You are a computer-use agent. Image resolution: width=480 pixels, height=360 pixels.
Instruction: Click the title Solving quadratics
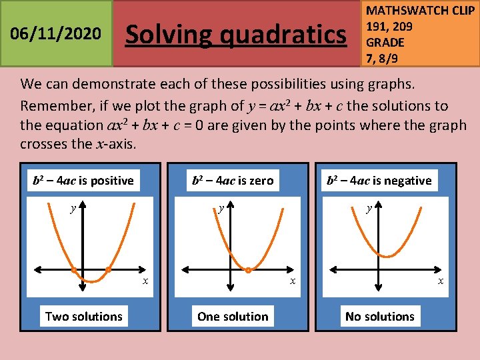point(236,34)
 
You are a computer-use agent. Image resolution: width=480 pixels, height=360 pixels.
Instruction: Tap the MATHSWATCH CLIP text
point(421,11)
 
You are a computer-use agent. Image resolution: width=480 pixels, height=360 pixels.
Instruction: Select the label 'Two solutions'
point(84,317)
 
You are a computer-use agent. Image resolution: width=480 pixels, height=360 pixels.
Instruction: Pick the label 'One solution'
point(233,317)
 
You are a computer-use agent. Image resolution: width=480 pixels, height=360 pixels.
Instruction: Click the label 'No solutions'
point(380,317)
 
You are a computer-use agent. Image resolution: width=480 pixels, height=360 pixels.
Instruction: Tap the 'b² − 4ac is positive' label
point(83,181)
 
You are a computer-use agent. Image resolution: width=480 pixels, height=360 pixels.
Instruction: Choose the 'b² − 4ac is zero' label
point(232,181)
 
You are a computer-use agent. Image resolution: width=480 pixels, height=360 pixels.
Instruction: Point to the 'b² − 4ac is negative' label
point(379,181)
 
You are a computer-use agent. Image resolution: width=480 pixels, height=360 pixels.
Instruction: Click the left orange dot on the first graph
point(74,270)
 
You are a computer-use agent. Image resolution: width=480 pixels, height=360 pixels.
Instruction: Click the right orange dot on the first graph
point(109,270)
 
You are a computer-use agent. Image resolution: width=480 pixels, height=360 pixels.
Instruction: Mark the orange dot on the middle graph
point(248,270)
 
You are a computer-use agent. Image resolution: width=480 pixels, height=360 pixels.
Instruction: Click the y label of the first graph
point(73,209)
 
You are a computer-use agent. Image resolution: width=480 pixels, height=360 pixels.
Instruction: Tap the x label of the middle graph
point(292,282)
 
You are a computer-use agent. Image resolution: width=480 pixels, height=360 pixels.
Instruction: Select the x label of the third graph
point(441,282)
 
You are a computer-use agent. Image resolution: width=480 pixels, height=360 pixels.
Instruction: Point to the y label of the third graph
point(369,209)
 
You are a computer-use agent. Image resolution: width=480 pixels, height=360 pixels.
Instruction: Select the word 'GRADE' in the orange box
point(385,42)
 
